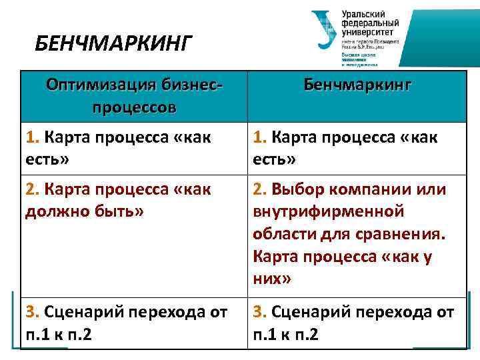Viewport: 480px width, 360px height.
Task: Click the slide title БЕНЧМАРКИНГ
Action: point(113,45)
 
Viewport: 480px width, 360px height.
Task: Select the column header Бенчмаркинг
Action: point(357,85)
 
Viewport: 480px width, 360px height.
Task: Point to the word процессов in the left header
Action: point(135,107)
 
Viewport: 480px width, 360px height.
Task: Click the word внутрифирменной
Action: point(329,212)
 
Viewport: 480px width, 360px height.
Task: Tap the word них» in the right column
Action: point(272,279)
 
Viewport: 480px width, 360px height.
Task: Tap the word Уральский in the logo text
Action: point(364,14)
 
